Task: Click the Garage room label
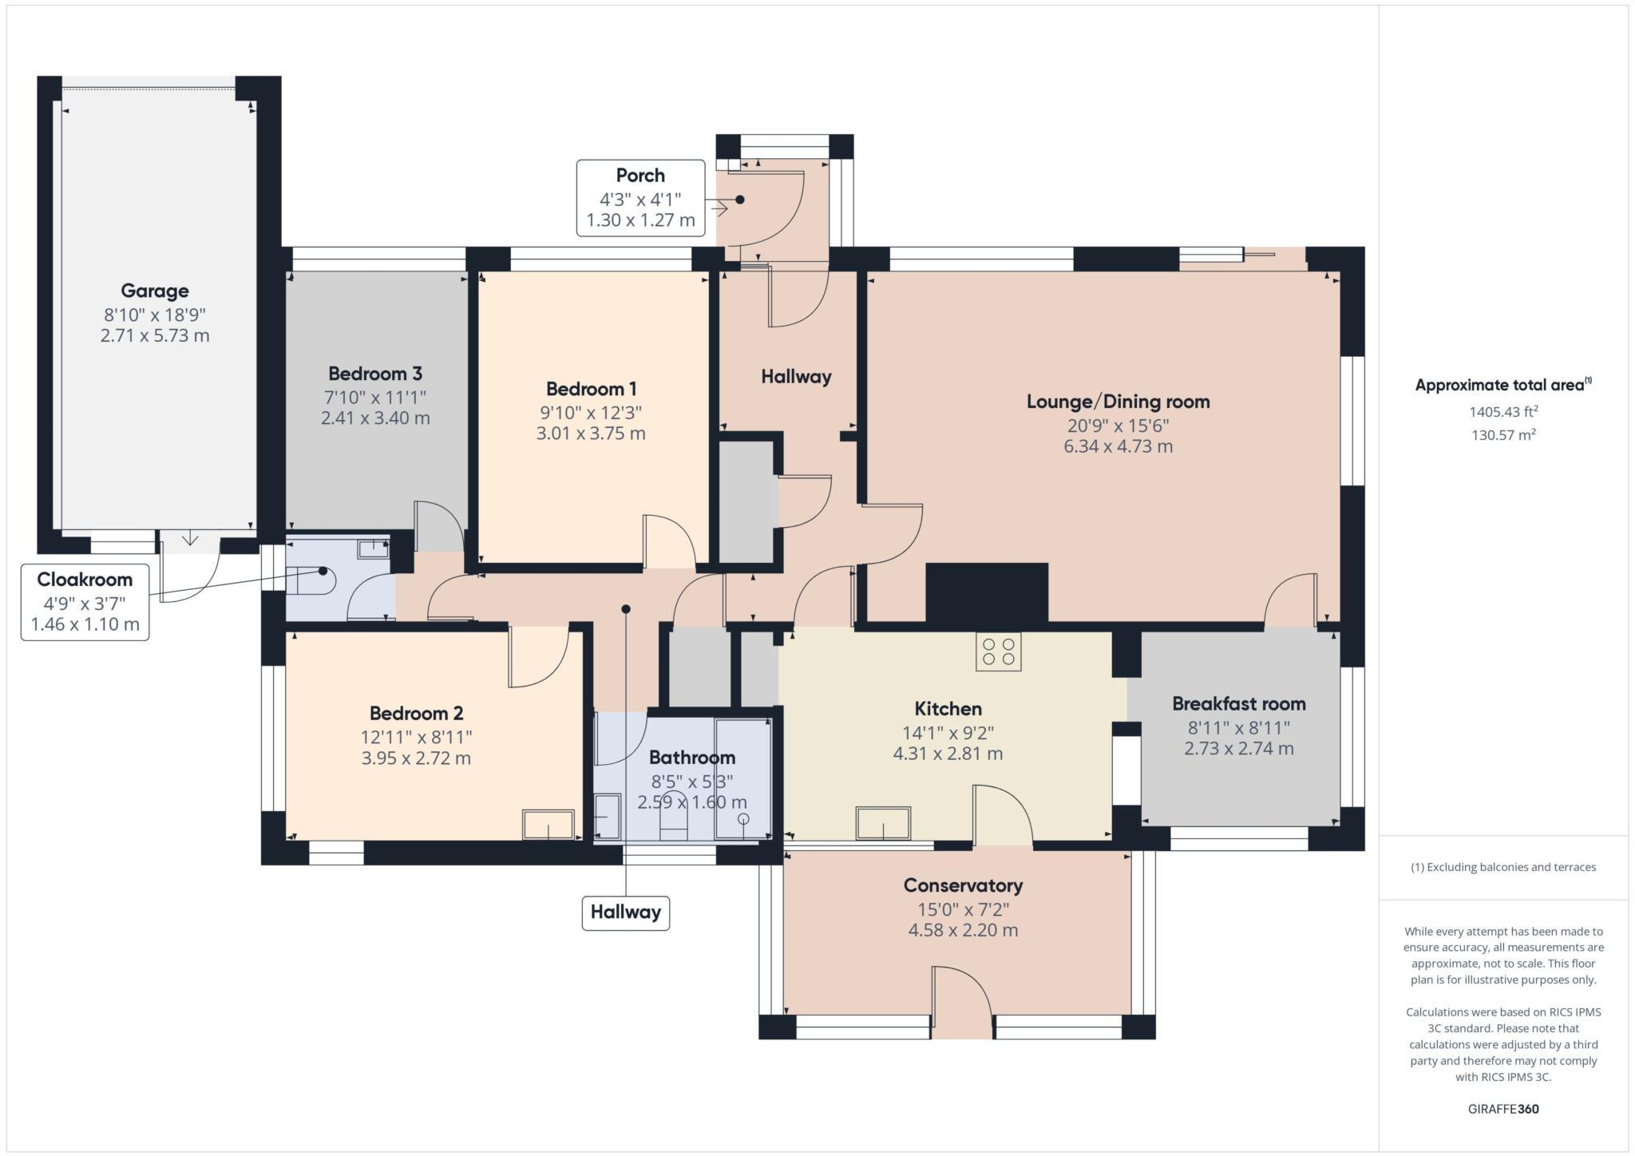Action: coord(155,291)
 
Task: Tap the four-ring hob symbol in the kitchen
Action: coord(998,651)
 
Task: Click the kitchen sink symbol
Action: coord(883,823)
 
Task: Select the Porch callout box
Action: coord(640,198)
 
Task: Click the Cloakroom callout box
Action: coord(85,602)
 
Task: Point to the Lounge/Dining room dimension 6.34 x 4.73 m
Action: coord(1118,446)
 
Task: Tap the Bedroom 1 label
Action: coord(591,389)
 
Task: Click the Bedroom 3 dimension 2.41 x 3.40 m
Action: coord(375,418)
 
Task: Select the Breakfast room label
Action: coord(1238,703)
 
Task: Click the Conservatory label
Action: coord(963,885)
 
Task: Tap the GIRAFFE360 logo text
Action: coord(1503,1109)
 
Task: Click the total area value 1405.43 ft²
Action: coord(1503,412)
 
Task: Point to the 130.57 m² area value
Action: coord(1503,435)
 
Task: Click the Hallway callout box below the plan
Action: coord(625,912)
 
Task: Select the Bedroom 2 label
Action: coord(416,713)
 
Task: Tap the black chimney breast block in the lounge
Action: coord(987,592)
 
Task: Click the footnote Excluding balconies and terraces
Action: coord(1503,867)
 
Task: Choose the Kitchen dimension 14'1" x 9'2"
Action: coord(948,732)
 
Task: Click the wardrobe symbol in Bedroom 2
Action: coord(548,824)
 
